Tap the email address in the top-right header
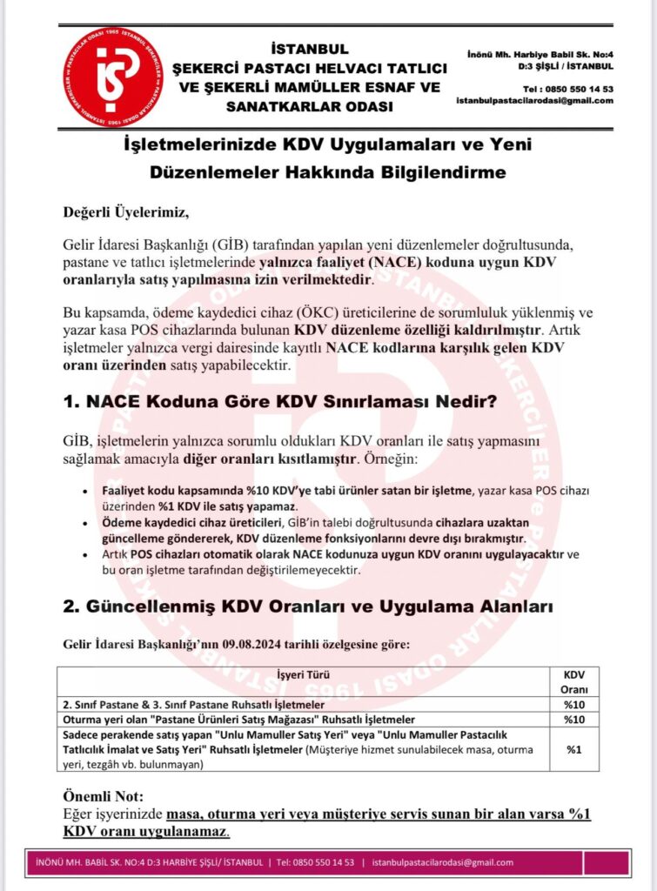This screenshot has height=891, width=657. pyautogui.click(x=534, y=100)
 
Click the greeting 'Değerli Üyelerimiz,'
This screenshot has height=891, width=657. pyautogui.click(x=125, y=211)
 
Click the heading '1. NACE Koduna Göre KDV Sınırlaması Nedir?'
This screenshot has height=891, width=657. pyautogui.click(x=280, y=403)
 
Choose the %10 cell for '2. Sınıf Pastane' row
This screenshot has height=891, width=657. pyautogui.click(x=573, y=703)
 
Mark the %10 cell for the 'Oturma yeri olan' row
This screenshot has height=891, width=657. pyautogui.click(x=573, y=720)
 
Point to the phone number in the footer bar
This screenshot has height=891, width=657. pyautogui.click(x=315, y=862)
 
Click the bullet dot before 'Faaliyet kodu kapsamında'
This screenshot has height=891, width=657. pyautogui.click(x=84, y=492)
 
